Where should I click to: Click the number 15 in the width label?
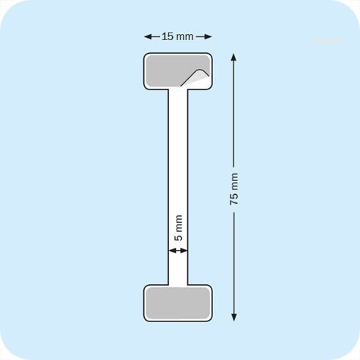[167, 36]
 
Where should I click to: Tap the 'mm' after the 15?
[184, 36]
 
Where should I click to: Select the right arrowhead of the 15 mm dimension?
[208, 36]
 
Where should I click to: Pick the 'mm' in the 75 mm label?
[233, 181]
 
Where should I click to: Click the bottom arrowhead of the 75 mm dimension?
[233, 317]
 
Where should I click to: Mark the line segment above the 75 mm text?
[233, 114]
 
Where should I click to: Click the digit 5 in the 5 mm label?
[179, 237]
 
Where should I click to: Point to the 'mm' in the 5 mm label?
[179, 224]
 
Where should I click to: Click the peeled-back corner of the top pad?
[196, 75]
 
